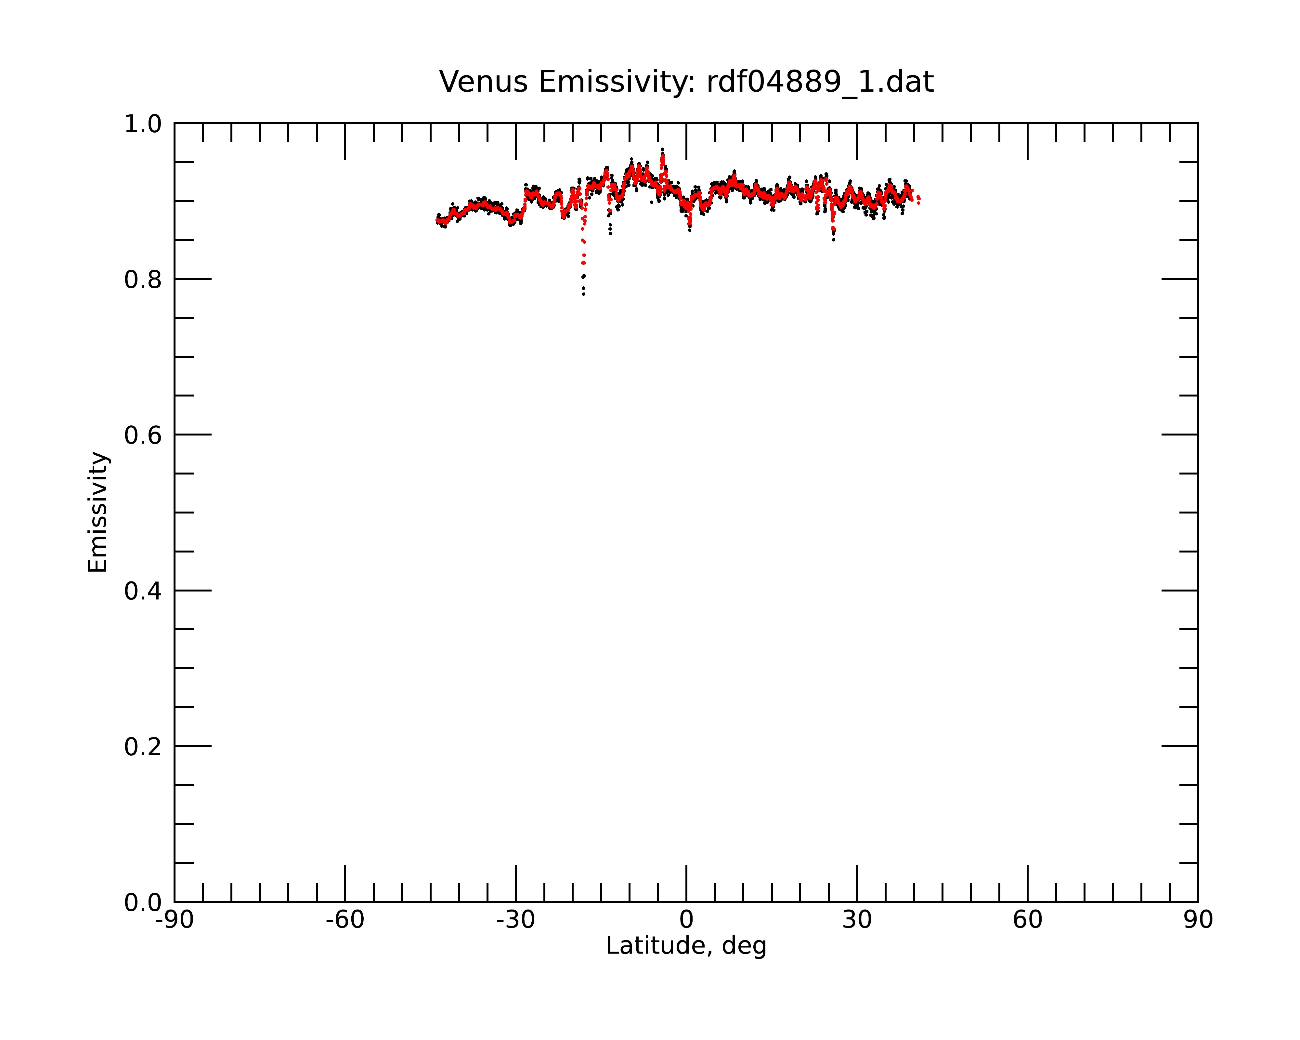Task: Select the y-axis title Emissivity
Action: coord(98,512)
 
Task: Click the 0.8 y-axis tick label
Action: coord(143,280)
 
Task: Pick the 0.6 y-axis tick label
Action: coord(143,435)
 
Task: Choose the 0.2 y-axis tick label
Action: coord(143,747)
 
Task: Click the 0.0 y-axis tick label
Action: coord(143,903)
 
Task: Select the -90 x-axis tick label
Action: coord(174,920)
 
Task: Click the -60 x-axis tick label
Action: coord(345,920)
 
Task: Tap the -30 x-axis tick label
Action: coord(515,920)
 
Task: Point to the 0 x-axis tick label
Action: coord(686,920)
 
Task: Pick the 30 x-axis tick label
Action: coord(857,920)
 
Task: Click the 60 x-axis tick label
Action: coord(1027,920)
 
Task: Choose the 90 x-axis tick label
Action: coord(1198,920)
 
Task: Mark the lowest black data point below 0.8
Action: coord(584,294)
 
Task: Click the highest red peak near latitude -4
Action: coord(663,155)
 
